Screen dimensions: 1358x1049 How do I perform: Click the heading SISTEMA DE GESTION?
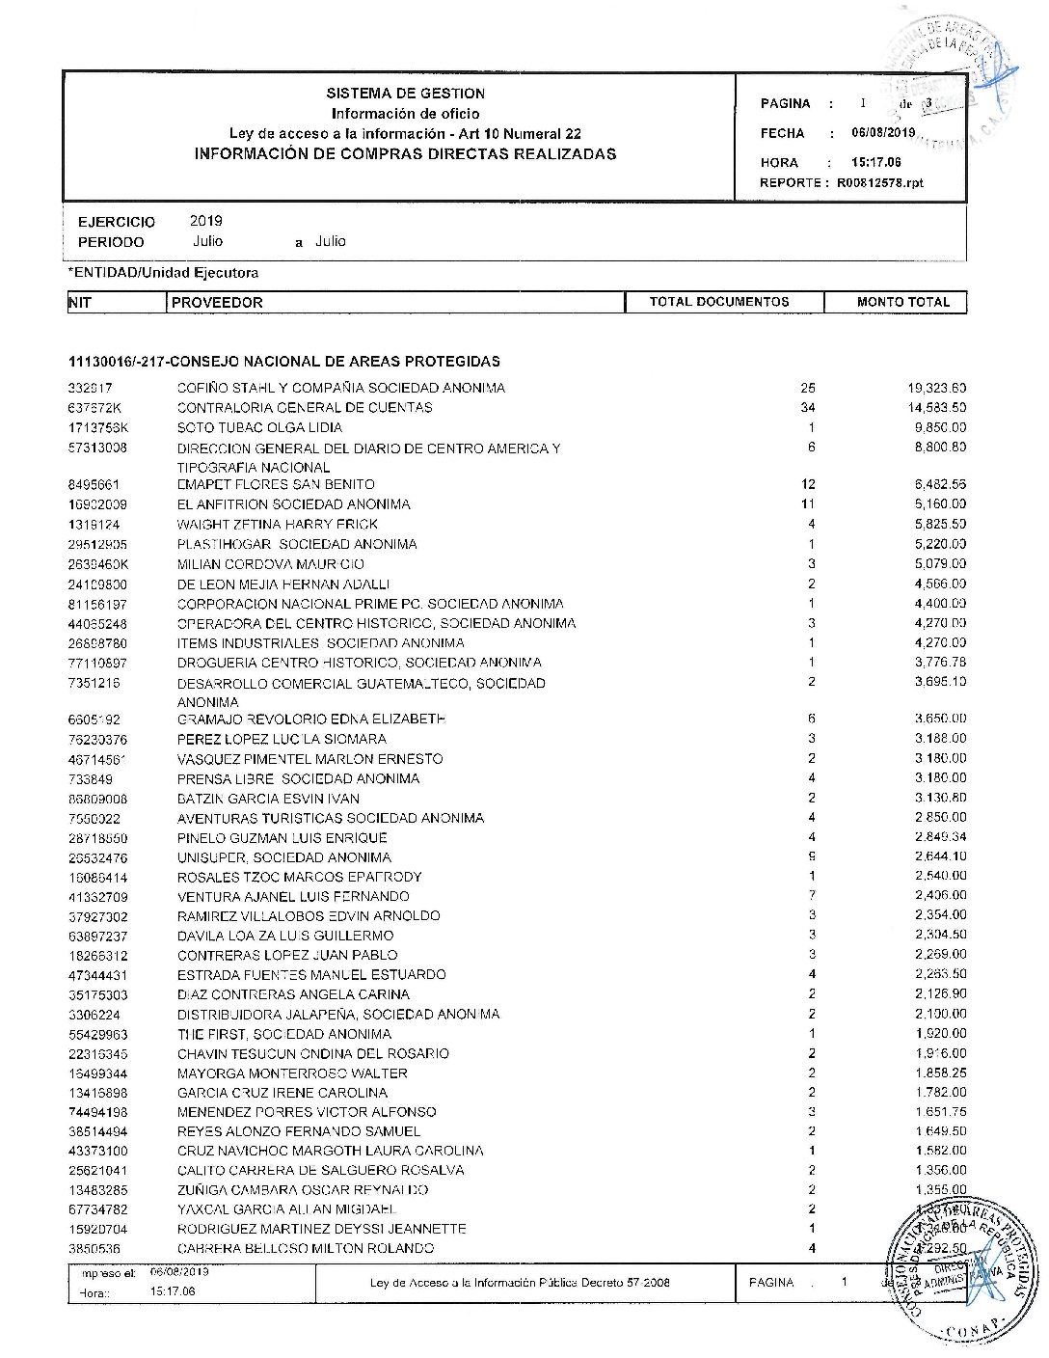(405, 94)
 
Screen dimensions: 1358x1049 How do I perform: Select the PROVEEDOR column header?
(217, 303)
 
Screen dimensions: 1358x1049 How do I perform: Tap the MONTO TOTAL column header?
(902, 302)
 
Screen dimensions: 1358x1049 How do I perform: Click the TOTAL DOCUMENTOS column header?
(718, 302)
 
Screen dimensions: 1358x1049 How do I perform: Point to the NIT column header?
(80, 303)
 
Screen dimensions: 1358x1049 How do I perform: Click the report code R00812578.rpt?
(879, 182)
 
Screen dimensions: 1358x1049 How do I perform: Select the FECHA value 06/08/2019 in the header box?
(883, 133)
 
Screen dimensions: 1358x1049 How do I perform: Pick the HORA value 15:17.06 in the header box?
(875, 162)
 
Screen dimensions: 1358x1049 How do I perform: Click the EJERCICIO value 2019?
(205, 221)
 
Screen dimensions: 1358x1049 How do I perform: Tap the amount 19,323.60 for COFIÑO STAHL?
(936, 388)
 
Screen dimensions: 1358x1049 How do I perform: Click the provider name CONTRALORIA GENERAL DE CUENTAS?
(305, 408)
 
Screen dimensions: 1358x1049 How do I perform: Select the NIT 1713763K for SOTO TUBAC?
(98, 427)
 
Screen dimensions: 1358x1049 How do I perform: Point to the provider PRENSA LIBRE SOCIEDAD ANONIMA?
(298, 778)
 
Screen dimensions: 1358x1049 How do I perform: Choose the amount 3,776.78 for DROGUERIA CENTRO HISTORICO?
(940, 662)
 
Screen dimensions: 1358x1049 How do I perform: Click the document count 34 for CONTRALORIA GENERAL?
(808, 407)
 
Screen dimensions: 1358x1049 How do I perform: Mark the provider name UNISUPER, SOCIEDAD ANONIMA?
(284, 857)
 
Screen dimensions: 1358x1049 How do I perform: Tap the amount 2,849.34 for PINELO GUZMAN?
(940, 837)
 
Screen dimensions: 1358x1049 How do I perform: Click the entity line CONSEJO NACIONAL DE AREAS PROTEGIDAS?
(284, 362)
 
